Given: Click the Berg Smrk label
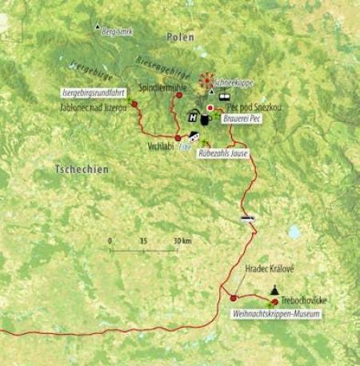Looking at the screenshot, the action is pyautogui.click(x=116, y=30).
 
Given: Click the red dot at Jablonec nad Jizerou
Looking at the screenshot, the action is pyautogui.click(x=134, y=104).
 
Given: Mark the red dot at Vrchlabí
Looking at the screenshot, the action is pyautogui.click(x=178, y=138).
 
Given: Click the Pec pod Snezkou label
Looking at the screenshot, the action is pyautogui.click(x=251, y=107).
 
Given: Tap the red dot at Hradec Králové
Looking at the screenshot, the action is pyautogui.click(x=234, y=298).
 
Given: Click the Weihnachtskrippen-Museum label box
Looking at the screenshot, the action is pyautogui.click(x=276, y=315).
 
